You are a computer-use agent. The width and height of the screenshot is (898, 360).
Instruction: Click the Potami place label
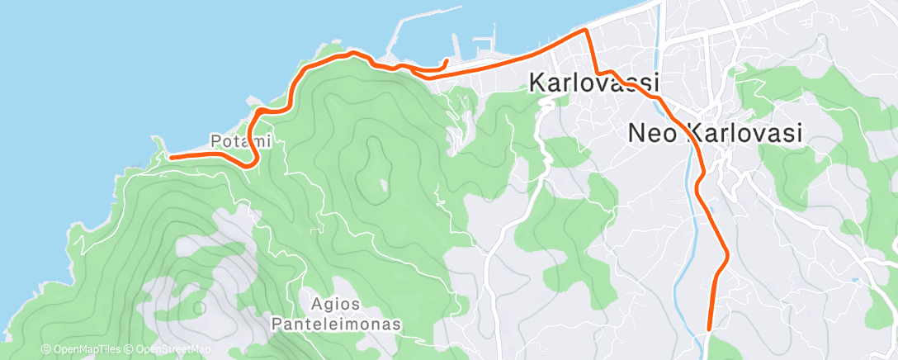coord(240,141)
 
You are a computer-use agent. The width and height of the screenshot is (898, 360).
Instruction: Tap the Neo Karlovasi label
coord(715,133)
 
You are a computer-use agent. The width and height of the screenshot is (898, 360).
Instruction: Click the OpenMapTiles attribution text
coord(82,350)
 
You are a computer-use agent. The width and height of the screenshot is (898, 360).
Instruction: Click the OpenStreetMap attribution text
coord(170,350)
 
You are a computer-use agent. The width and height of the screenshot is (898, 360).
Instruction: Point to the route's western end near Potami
coord(171,156)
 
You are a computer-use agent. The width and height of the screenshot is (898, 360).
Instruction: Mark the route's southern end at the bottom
coord(709,329)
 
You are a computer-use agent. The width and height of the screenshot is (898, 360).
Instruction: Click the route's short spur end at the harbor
coord(446,61)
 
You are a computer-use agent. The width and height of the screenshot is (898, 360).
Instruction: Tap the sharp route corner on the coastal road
coord(585,31)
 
